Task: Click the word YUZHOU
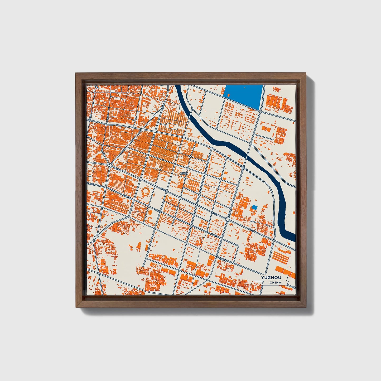coord(271,278)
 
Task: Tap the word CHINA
coord(275,283)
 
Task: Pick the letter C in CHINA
coord(271,283)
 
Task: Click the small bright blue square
coord(254,207)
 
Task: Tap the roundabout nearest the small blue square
coord(228,219)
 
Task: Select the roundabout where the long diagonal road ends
coord(110,165)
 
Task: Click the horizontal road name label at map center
coord(184,173)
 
